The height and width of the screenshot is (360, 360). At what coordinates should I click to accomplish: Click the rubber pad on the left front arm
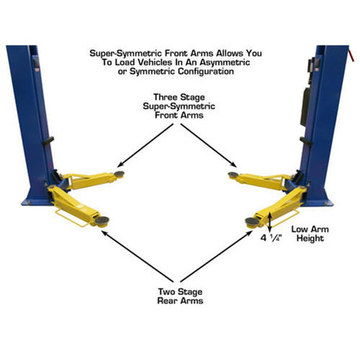(119, 174)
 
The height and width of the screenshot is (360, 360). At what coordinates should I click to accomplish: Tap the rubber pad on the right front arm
(233, 175)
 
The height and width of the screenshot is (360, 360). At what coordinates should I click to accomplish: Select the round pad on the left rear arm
(102, 221)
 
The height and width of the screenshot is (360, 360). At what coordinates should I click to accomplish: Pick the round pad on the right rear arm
(252, 221)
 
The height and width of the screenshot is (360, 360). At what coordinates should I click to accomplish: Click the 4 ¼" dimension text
(272, 238)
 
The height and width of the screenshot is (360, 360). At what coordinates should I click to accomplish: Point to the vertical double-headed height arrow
(270, 221)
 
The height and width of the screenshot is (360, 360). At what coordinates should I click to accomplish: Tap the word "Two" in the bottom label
(167, 291)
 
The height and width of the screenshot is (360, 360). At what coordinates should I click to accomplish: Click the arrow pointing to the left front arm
(146, 146)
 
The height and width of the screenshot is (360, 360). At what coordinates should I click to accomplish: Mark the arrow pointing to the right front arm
(209, 146)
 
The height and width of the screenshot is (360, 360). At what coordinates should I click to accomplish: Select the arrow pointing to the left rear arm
(138, 257)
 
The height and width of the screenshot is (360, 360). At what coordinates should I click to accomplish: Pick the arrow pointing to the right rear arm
(216, 257)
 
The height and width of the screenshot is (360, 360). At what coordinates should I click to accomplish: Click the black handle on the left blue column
(48, 141)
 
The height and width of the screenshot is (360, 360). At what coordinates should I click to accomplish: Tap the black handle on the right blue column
(306, 141)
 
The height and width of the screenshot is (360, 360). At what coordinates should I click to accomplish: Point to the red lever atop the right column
(351, 54)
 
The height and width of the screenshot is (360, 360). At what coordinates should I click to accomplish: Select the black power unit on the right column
(305, 106)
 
